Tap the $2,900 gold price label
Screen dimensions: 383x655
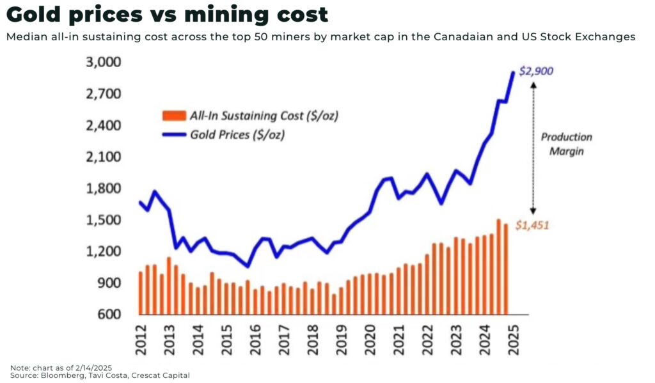point(536,71)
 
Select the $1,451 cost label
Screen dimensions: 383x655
point(533,225)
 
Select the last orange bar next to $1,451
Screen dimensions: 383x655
point(506,269)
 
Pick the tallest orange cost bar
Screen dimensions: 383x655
point(498,267)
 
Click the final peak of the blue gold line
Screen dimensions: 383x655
point(513,72)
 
